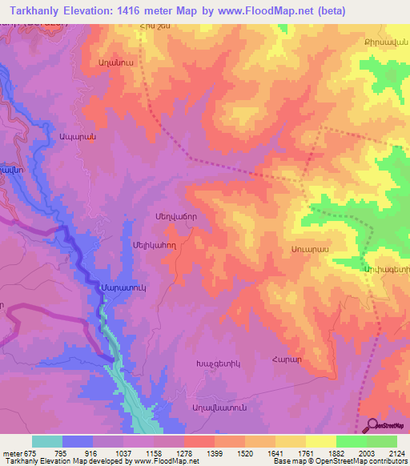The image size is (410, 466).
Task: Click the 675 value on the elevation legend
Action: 33,453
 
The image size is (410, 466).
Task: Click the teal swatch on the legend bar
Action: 47,441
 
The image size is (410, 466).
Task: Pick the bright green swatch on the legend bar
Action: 351,441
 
